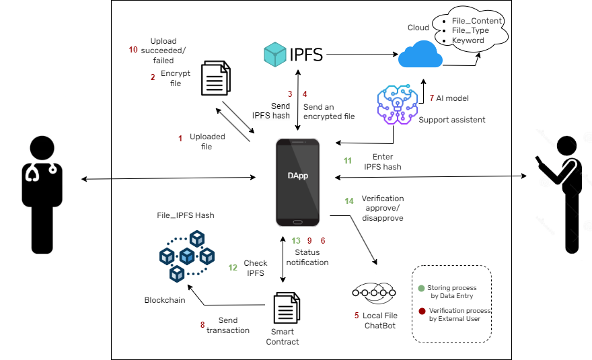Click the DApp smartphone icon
click(298, 182)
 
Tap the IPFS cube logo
click(276, 55)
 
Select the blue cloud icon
click(420, 54)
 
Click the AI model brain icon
click(396, 105)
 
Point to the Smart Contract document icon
click(285, 309)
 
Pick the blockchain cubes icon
click(188, 256)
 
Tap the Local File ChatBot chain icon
click(374, 293)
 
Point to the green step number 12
click(233, 267)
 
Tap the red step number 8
click(202, 325)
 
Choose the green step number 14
click(349, 201)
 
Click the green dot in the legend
click(422, 288)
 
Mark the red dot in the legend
click(422, 312)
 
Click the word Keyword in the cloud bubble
click(468, 40)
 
